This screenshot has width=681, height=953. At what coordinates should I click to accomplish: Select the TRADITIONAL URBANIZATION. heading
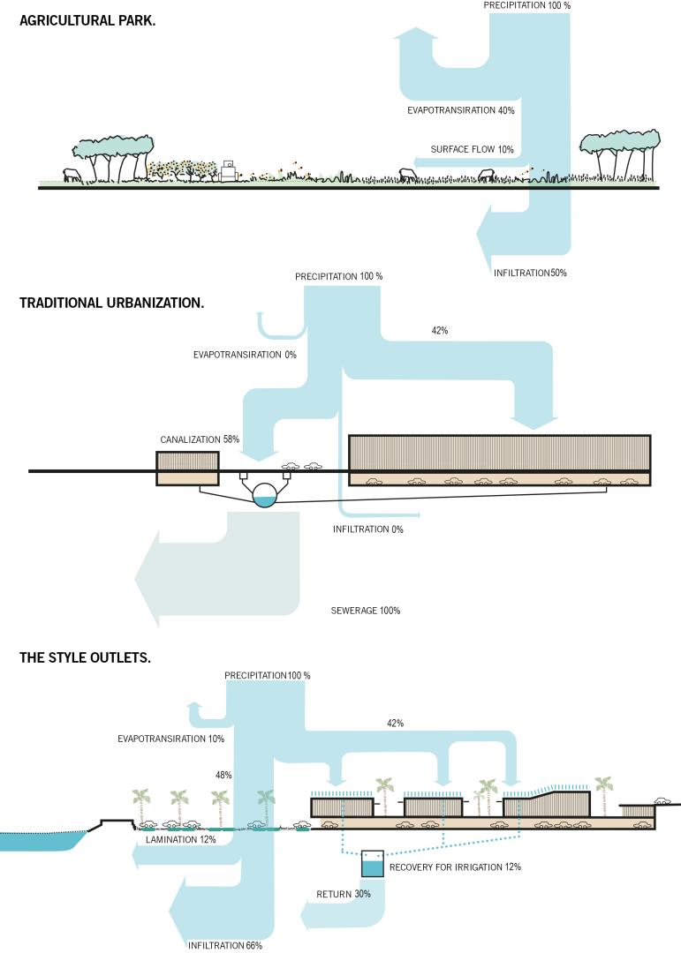click(x=112, y=303)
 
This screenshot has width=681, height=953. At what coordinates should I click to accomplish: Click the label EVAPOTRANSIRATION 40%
click(x=461, y=111)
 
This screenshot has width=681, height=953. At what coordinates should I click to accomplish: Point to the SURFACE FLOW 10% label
click(x=472, y=150)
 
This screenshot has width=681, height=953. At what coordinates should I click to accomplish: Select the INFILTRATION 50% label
click(x=530, y=273)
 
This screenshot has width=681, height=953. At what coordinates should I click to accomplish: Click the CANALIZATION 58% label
click(x=200, y=439)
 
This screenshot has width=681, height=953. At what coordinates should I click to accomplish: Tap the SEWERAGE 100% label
click(x=366, y=611)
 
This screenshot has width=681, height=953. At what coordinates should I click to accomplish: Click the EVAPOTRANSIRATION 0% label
click(x=245, y=355)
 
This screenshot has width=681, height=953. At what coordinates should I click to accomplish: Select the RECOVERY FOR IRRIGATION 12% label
click(x=455, y=867)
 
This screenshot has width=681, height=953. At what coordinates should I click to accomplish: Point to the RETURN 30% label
click(x=344, y=894)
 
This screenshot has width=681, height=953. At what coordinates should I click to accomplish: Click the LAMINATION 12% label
click(x=181, y=839)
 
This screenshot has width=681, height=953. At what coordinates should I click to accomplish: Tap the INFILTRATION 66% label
click(x=224, y=946)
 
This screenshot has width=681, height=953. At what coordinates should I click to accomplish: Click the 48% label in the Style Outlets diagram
click(x=223, y=776)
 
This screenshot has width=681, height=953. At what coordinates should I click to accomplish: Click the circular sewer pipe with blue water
click(x=264, y=496)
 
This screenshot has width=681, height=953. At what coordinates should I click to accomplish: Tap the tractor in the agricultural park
click(x=231, y=171)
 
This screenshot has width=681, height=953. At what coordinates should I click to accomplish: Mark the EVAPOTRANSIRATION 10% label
click(x=170, y=738)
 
